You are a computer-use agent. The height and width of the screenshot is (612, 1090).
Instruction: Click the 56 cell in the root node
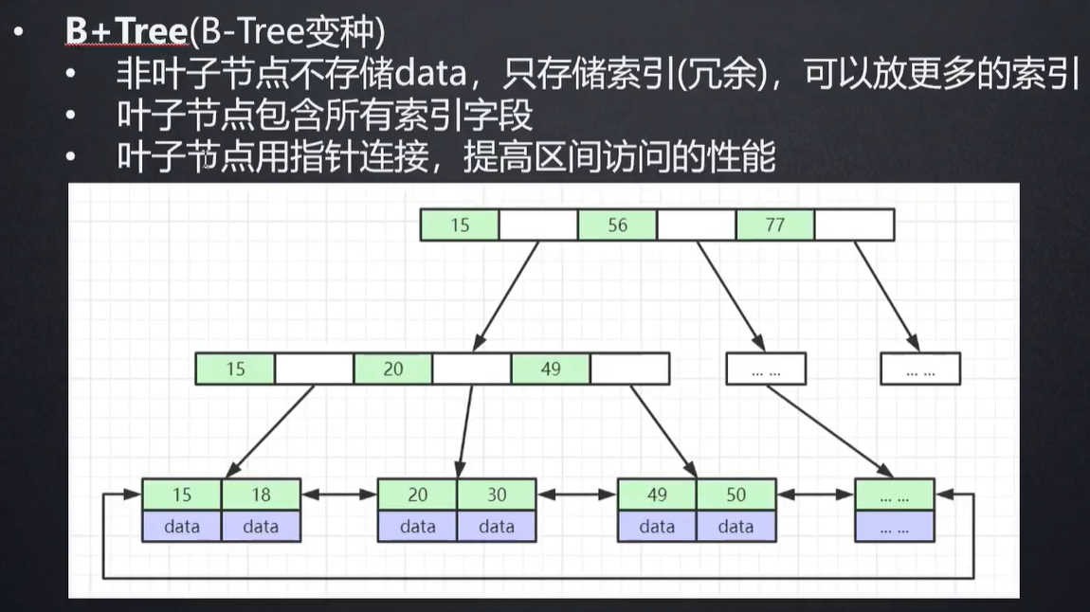click(x=617, y=225)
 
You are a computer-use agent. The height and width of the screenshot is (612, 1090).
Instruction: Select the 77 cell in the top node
click(x=774, y=225)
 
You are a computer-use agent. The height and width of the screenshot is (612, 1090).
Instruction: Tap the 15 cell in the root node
click(x=460, y=225)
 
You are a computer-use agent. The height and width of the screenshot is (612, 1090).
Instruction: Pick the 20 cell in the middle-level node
click(x=393, y=369)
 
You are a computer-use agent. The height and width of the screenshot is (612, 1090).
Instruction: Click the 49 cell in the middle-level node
click(x=551, y=369)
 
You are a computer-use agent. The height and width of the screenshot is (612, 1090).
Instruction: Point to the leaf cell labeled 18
click(x=261, y=495)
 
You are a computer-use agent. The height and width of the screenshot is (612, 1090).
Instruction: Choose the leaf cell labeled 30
click(x=497, y=495)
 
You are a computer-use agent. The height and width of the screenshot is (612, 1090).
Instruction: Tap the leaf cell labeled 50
click(x=736, y=495)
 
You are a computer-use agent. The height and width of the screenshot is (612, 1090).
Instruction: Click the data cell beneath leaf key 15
click(x=182, y=527)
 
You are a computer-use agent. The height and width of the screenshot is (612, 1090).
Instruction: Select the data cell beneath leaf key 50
click(x=736, y=527)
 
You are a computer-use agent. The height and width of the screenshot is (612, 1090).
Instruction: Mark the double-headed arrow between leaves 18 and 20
click(x=339, y=495)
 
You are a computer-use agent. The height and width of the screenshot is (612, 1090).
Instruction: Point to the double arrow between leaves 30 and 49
click(x=576, y=495)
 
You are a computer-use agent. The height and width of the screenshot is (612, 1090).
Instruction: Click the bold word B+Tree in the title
click(x=126, y=31)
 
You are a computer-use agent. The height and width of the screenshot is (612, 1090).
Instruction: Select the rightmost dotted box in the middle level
click(x=919, y=369)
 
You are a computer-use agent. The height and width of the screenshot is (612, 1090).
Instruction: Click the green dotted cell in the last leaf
click(x=894, y=495)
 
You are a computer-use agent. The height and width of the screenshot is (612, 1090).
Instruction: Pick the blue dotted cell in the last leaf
click(x=894, y=527)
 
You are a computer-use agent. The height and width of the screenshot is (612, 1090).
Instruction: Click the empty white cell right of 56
click(x=696, y=225)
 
